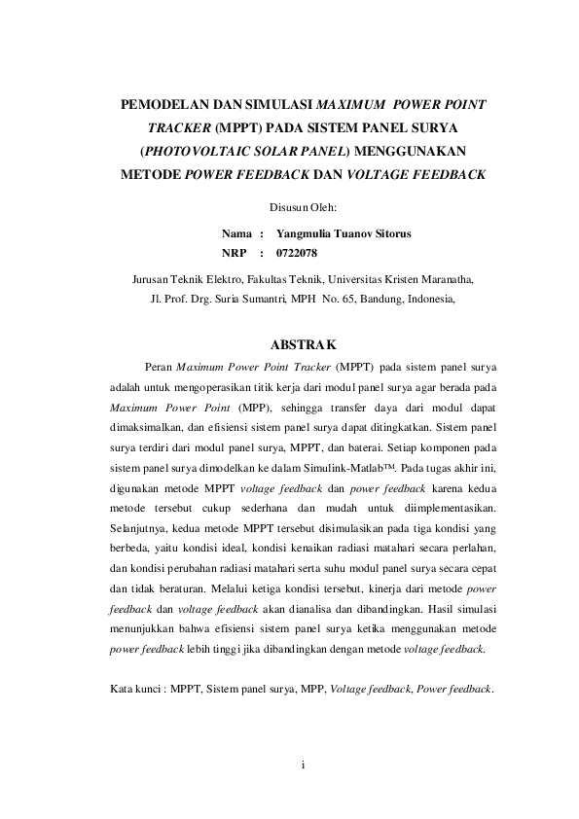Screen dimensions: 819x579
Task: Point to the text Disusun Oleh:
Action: (302, 207)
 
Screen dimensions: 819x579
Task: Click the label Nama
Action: (236, 234)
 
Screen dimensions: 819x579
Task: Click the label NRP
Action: (235, 254)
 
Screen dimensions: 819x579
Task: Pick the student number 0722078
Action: (297, 254)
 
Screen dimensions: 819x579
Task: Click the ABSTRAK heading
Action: (303, 344)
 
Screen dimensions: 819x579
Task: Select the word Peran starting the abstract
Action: (158, 368)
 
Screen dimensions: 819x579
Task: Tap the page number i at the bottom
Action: (303, 765)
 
